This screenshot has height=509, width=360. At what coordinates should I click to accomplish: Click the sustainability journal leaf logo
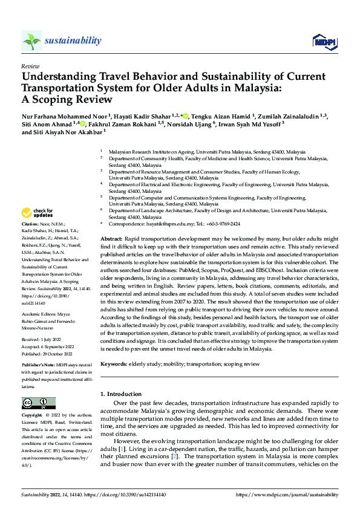31,41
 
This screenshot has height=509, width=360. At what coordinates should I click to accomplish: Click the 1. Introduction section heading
122,394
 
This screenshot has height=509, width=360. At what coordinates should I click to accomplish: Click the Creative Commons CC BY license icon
39,403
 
